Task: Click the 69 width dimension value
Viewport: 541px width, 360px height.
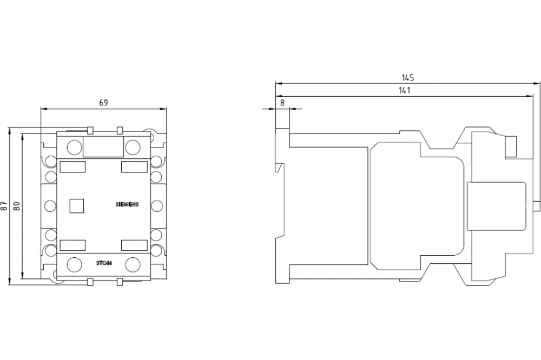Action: click(x=103, y=102)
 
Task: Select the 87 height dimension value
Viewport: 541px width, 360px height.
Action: click(x=4, y=206)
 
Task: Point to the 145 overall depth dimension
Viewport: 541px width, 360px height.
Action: click(x=408, y=77)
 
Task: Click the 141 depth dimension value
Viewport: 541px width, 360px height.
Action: click(x=403, y=90)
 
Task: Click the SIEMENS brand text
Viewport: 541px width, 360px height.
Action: click(x=128, y=204)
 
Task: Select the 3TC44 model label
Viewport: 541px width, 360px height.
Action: click(x=104, y=263)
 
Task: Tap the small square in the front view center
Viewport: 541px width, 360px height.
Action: click(x=76, y=205)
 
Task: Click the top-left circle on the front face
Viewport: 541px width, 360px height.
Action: click(x=74, y=146)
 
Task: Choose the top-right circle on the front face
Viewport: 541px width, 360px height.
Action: click(x=133, y=146)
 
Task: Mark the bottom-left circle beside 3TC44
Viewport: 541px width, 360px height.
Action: click(x=74, y=264)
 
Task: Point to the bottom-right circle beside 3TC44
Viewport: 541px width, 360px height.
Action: click(x=133, y=264)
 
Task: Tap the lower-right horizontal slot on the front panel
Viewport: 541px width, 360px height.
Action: click(x=134, y=244)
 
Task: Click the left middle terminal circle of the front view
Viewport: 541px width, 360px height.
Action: click(x=50, y=205)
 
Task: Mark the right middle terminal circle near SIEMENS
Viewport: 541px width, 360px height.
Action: click(x=157, y=205)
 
